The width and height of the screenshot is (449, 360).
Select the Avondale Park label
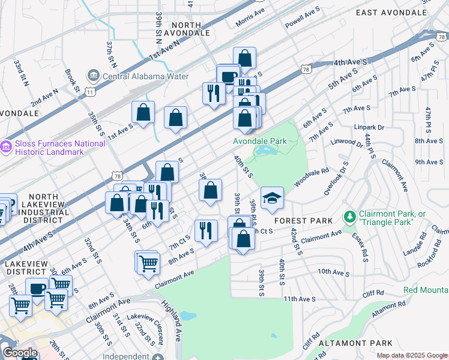266,141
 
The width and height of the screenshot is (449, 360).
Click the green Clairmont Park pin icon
349,215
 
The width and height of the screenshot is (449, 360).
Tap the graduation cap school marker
272,199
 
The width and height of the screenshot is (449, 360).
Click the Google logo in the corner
20,353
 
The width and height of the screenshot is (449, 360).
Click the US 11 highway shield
90,92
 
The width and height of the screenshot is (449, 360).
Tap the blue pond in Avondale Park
264,151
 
